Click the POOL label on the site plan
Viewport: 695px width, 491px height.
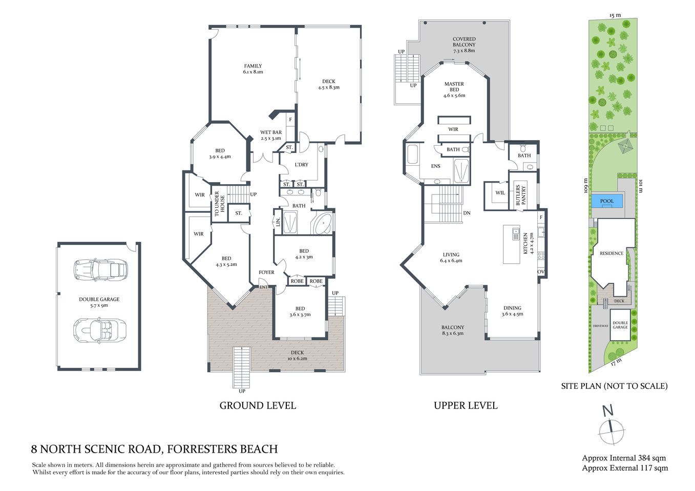click(x=606, y=201)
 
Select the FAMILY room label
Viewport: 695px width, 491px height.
click(x=253, y=69)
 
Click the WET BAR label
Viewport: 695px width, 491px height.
click(x=271, y=135)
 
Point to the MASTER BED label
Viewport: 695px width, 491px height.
click(x=454, y=90)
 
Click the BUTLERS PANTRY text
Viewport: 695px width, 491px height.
click(x=521, y=195)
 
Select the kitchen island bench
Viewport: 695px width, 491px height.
click(x=511, y=244)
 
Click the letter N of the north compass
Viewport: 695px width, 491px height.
click(x=607, y=411)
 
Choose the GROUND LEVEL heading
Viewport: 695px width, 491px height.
click(x=258, y=406)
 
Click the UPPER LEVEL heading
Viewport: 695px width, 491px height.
click(x=465, y=406)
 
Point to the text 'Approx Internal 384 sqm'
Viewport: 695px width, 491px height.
click(x=624, y=458)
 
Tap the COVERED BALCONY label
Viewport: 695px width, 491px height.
click(x=464, y=44)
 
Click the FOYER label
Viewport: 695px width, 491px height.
click(x=266, y=272)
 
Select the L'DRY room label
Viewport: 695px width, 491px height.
click(x=302, y=165)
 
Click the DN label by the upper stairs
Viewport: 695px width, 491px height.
click(x=467, y=213)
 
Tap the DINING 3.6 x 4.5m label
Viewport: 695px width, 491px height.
click(x=512, y=311)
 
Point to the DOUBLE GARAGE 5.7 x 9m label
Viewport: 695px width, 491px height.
click(x=99, y=302)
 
